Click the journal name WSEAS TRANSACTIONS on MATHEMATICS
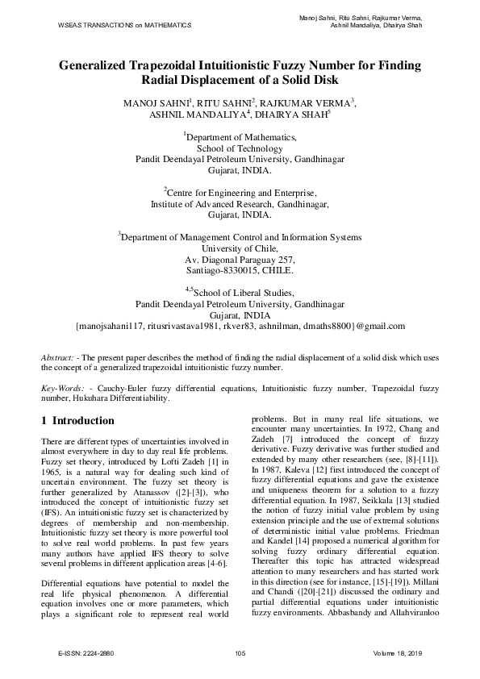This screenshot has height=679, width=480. [x=124, y=26]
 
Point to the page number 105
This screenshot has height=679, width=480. [x=240, y=652]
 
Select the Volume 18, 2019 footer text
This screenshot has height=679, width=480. [x=399, y=652]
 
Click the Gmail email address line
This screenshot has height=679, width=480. [x=240, y=327]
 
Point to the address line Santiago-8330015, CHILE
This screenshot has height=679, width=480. [x=240, y=272]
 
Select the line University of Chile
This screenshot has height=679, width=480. [x=240, y=249]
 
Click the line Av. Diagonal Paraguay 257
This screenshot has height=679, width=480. [x=240, y=260]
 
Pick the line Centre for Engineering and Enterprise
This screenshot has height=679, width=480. [x=240, y=194]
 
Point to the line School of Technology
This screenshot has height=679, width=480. [x=240, y=148]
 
